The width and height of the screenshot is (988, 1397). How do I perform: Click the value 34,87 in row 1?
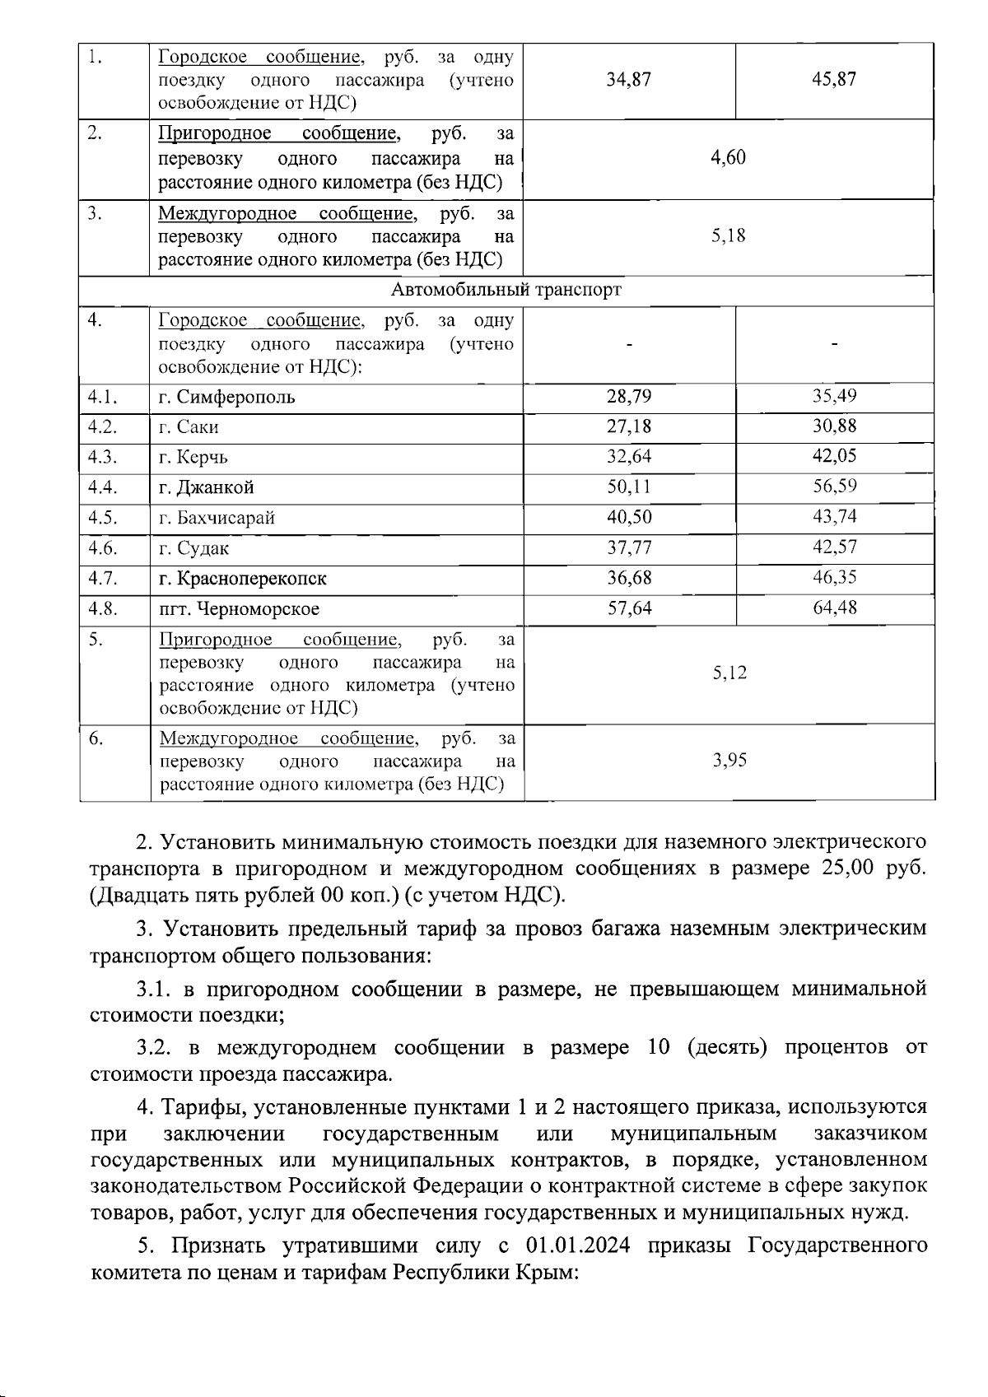click(x=629, y=80)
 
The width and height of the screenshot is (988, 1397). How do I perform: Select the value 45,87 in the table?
click(x=834, y=80)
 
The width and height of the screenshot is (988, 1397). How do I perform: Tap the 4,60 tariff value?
click(x=729, y=157)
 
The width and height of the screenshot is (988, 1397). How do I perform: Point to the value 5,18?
click(x=729, y=236)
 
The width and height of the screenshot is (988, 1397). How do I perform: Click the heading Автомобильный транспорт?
click(x=506, y=290)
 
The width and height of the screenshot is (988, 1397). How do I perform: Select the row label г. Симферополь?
click(x=226, y=398)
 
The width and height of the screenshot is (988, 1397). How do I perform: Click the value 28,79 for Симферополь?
click(x=629, y=397)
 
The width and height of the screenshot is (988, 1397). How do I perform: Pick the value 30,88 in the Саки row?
click(x=834, y=426)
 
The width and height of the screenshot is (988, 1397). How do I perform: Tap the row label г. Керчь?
click(x=193, y=458)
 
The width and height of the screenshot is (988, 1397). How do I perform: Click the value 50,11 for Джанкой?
click(x=629, y=487)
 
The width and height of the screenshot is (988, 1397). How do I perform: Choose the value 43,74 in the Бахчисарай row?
click(x=834, y=517)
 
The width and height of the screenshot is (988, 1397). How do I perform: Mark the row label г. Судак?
click(x=193, y=548)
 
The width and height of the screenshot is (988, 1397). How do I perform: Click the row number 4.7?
click(x=103, y=578)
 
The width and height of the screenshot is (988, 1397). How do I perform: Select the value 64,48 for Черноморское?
click(x=834, y=608)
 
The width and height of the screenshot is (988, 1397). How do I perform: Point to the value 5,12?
click(x=729, y=673)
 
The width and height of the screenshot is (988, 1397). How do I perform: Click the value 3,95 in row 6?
click(x=729, y=760)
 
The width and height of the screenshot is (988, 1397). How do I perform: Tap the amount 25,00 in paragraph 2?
click(x=847, y=868)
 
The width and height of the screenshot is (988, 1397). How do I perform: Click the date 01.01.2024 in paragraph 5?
click(x=578, y=1246)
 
